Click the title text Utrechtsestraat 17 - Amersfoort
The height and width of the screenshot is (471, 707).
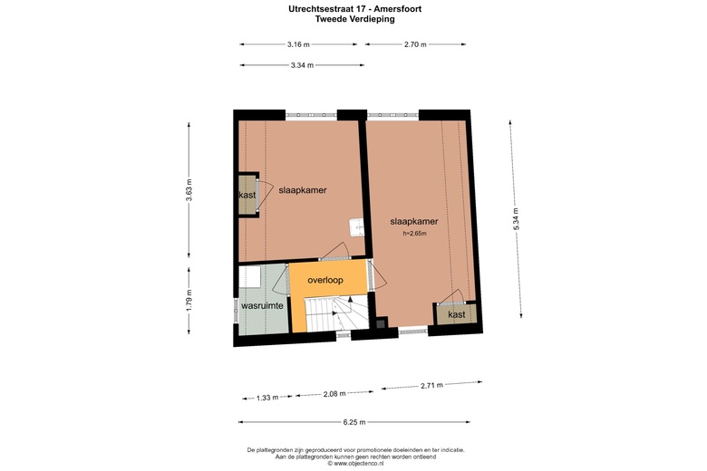click(353, 8)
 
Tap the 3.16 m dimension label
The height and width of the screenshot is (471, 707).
click(298, 43)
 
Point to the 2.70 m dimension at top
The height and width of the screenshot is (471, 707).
click(416, 43)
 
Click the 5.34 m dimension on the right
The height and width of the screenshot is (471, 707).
click(516, 221)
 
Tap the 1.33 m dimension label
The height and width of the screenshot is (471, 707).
click(267, 397)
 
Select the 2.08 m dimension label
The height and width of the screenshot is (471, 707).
click(334, 393)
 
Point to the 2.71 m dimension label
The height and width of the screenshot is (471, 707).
click(432, 386)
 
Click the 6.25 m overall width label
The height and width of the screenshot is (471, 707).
click(353, 422)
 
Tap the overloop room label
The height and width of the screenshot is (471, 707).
click(325, 281)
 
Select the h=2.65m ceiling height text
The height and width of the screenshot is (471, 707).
click(414, 233)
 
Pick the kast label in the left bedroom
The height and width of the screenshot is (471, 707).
click(247, 195)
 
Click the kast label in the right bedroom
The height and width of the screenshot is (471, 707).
click(457, 314)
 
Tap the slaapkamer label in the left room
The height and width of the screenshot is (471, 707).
click(303, 190)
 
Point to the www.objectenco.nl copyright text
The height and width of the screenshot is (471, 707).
click(353, 464)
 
